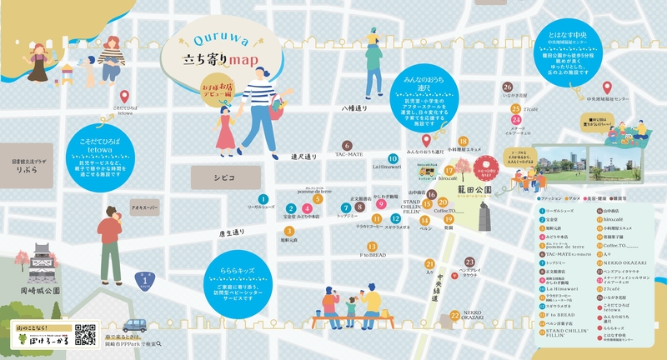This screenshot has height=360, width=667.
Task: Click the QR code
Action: (86, 334)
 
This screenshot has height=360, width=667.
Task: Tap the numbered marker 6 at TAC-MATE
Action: (346, 145)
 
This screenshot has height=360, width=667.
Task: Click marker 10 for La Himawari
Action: (392, 158)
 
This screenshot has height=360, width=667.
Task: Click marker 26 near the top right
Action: (508, 87)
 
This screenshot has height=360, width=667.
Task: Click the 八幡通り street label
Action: (354, 108)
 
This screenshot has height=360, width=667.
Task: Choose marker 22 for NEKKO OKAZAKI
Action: (454, 314)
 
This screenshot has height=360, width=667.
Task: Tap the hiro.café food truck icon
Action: (428, 169)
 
